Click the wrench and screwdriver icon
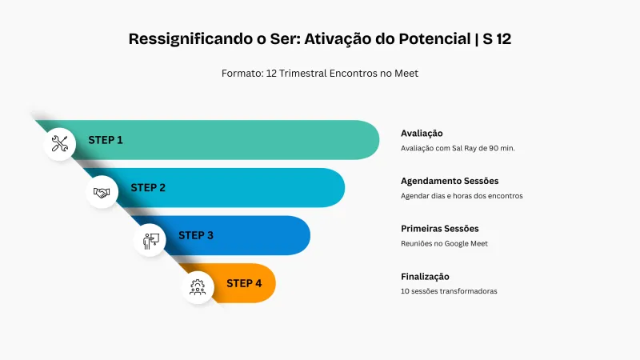(60, 144)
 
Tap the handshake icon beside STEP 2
(102, 192)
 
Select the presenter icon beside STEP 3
(150, 239)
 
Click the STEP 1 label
(106, 140)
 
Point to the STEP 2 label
(148, 188)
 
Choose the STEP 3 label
(196, 235)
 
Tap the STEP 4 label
(244, 283)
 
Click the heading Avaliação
(422, 133)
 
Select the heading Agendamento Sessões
(450, 181)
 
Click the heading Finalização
(425, 276)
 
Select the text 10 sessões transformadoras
(449, 291)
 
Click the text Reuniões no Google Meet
(444, 243)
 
